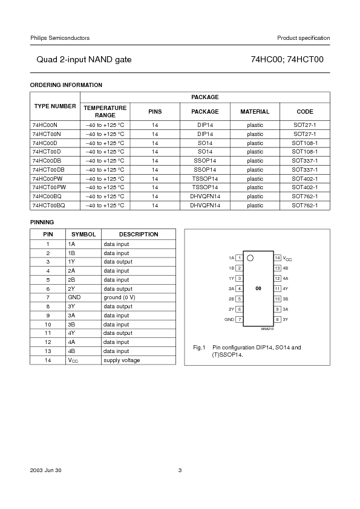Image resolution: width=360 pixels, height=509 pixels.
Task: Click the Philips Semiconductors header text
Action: coord(60,38)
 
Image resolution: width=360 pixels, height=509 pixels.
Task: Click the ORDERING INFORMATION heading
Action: coord(66,85)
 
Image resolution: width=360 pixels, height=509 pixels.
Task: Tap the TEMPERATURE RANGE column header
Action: coord(105,111)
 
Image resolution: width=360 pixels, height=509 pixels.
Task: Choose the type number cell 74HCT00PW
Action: coord(49,187)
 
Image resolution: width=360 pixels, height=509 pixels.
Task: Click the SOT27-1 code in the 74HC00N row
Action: coord(305,125)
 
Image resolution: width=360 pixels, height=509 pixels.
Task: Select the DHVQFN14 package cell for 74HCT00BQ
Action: coord(205,206)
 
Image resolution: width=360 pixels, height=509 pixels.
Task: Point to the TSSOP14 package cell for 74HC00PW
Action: coord(205,178)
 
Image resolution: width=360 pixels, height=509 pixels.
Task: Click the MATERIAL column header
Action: coord(255,112)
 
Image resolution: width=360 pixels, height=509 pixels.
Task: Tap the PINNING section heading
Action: coord(42,222)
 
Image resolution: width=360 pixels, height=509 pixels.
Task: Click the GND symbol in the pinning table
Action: coord(74,297)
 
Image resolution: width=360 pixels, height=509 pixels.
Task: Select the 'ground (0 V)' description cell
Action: coord(119,297)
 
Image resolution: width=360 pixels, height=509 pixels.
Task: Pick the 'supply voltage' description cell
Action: coord(122,360)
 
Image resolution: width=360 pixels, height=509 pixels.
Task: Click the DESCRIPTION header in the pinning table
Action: coord(139,234)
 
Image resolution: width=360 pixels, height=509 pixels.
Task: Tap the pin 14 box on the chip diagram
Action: coord(277,258)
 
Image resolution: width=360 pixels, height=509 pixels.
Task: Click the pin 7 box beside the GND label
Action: coord(240,319)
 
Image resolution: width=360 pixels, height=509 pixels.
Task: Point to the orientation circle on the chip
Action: coord(250,258)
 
